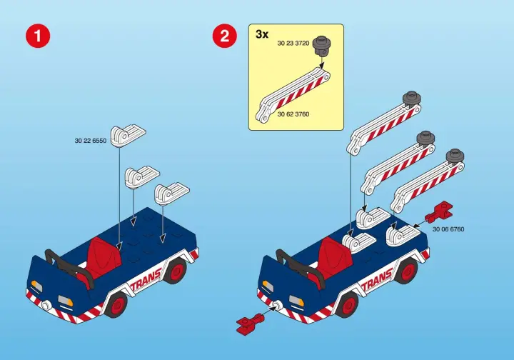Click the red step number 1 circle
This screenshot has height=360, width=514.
coord(38,36)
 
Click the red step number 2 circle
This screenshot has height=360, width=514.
coord(225,36)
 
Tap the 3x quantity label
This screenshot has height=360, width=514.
coord(262,34)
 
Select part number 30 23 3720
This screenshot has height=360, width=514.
coord(293,44)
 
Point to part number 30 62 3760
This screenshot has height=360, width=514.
coord(293,114)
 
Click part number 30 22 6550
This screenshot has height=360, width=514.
coord(91,141)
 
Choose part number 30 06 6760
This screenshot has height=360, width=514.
coord(448,229)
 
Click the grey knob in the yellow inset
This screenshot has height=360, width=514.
coord(321,47)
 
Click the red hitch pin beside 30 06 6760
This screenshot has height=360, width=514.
coord(438,211)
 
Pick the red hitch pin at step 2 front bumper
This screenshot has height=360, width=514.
coord(250,321)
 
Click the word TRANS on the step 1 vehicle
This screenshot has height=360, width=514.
coord(146,279)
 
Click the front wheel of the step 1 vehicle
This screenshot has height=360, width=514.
coord(117,304)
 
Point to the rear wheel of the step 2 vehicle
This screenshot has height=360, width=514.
coord(407,271)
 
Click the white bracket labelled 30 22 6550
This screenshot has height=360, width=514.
coord(128,136)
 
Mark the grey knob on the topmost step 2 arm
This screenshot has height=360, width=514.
coord(412,99)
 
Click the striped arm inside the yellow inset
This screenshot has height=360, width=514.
coord(293,95)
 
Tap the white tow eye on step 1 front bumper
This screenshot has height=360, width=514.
coord(46,304)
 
